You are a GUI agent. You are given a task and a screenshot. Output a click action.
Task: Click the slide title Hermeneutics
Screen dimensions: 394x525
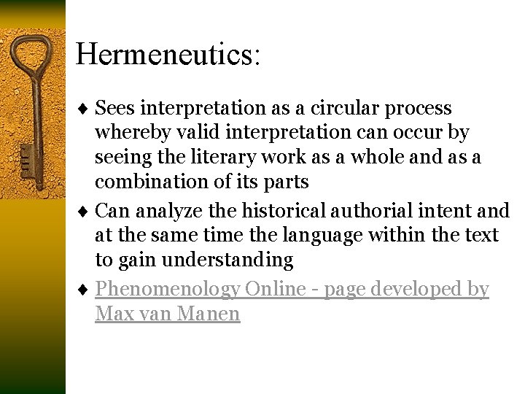(167, 55)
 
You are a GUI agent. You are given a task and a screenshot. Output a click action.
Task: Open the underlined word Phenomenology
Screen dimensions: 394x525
(167, 290)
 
